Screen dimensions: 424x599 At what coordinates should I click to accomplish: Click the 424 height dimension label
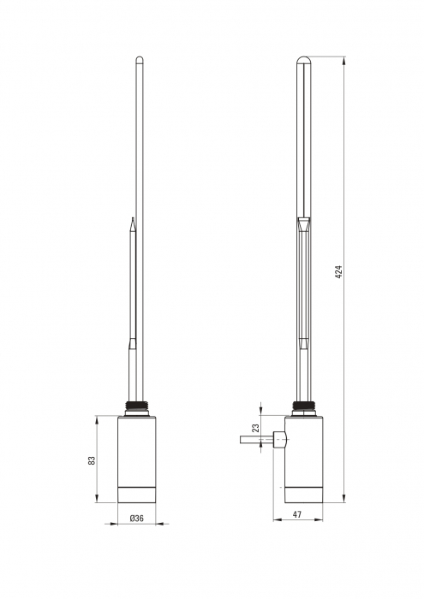click(x=339, y=271)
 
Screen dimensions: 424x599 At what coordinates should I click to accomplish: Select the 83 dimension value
click(x=92, y=460)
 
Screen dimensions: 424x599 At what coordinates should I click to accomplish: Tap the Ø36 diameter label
click(x=136, y=519)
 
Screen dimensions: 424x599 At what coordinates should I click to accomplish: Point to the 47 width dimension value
click(x=297, y=514)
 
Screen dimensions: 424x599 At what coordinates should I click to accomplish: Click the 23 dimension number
click(x=256, y=428)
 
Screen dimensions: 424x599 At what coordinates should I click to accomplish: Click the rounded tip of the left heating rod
click(x=140, y=59)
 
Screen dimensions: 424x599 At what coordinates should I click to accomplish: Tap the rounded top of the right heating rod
click(x=303, y=60)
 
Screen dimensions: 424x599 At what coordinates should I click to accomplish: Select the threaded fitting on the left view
click(x=136, y=406)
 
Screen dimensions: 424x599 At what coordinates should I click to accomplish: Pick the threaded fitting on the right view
click(x=303, y=406)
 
